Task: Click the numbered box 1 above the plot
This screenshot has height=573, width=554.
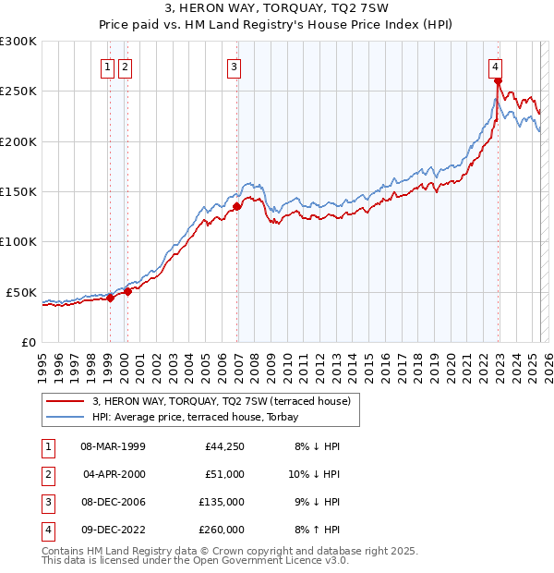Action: click(x=108, y=67)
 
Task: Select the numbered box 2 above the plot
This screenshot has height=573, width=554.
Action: click(x=125, y=67)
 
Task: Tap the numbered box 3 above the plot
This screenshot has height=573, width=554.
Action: click(x=235, y=67)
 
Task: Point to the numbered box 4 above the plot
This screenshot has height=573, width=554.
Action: click(x=496, y=67)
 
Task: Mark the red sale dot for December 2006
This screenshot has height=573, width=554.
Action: click(x=237, y=206)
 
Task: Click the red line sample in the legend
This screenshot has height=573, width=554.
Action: click(x=66, y=402)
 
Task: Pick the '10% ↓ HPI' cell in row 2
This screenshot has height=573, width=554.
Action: click(x=315, y=474)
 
